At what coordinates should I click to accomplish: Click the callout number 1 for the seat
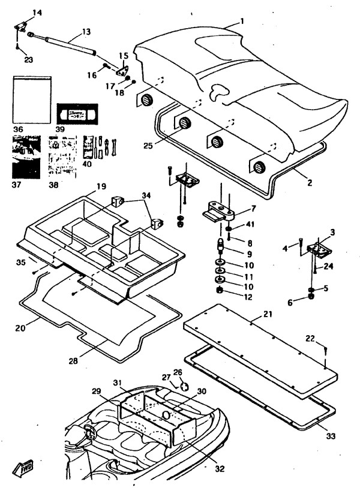(242, 21)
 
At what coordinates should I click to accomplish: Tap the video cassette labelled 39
(77, 112)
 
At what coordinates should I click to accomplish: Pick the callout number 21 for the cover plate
(268, 314)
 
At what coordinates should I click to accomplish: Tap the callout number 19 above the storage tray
(101, 186)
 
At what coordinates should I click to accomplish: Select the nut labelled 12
(220, 291)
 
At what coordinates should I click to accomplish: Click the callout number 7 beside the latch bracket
(253, 209)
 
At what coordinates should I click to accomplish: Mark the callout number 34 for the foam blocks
(147, 195)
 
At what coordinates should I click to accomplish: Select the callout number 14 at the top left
(20, 13)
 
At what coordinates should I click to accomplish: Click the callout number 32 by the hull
(220, 468)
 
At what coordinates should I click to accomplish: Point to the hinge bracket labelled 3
(314, 249)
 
